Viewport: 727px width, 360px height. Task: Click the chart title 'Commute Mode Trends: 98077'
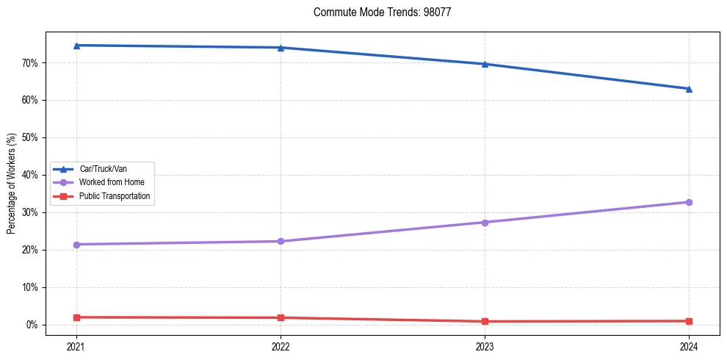pos(382,12)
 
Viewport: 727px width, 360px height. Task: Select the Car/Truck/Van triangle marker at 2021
pos(76,46)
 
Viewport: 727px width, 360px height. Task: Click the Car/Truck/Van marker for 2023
pos(485,64)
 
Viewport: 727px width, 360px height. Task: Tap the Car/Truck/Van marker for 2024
pos(689,89)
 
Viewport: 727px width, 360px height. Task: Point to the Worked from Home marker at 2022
pos(281,241)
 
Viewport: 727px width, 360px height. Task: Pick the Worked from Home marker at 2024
pos(689,202)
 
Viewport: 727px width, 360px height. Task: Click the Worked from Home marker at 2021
pos(76,244)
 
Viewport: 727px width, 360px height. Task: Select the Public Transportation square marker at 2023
pos(485,321)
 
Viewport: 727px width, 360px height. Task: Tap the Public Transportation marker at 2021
pos(76,317)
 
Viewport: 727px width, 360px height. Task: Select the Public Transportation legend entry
pos(115,196)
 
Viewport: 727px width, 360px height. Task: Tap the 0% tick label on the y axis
pos(31,325)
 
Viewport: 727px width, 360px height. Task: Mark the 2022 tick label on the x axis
pos(281,345)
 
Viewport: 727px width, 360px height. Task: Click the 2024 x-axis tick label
pos(689,345)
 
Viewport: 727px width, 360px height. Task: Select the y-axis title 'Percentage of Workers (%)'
pos(12,184)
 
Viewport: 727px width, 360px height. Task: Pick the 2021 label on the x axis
pos(76,345)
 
